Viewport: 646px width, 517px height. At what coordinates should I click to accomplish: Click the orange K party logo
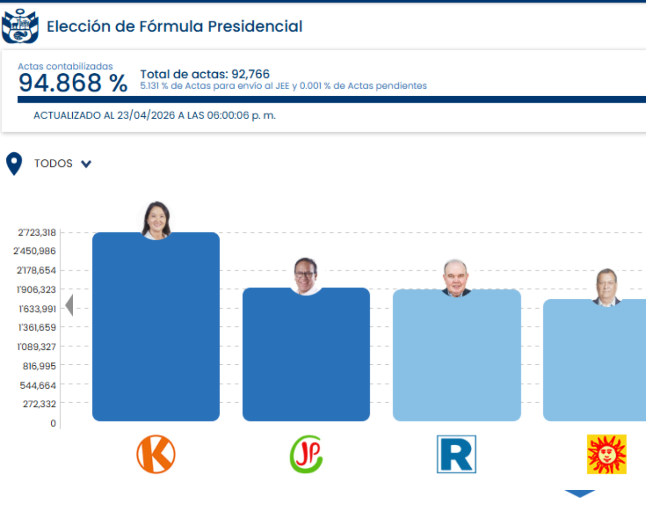click(156, 454)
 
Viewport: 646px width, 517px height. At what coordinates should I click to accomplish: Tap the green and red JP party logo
click(306, 454)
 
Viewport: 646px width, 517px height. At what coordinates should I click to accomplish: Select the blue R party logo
click(457, 454)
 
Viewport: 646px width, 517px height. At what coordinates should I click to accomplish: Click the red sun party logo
click(607, 454)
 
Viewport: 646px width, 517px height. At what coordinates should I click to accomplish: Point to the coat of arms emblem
click(20, 26)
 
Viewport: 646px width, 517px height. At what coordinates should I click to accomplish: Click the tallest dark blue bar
click(156, 330)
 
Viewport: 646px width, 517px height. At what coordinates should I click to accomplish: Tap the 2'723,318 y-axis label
click(37, 233)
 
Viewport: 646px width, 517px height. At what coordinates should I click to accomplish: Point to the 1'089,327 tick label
click(37, 347)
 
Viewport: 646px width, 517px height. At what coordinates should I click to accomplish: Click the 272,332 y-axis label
click(39, 404)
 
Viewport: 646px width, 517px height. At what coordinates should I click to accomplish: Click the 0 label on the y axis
click(53, 423)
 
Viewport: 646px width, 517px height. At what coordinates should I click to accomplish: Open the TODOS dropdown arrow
click(86, 164)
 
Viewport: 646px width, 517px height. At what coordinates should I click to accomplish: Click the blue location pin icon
click(14, 163)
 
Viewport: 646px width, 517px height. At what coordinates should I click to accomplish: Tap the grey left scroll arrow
click(69, 305)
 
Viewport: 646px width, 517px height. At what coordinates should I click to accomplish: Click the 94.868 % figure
click(73, 83)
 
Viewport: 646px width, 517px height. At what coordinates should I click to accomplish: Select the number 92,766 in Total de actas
click(250, 74)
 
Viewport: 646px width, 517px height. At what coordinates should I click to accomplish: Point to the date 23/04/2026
click(146, 115)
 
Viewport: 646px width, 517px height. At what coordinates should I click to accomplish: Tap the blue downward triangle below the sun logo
click(579, 493)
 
